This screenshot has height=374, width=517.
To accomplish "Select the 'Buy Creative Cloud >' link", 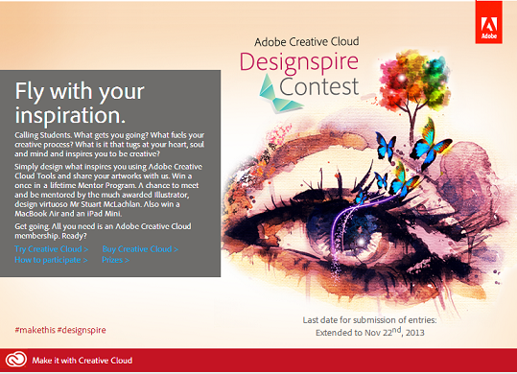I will pos(140,249).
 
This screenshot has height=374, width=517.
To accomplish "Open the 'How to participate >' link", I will pos(52,259).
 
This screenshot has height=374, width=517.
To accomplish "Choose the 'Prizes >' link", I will pos(116,259).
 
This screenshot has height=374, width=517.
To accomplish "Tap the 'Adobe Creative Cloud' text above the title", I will pos(306,42).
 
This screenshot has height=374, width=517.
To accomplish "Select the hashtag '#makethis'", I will pos(35,330).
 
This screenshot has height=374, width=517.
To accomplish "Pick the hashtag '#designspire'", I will pos(82,330).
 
